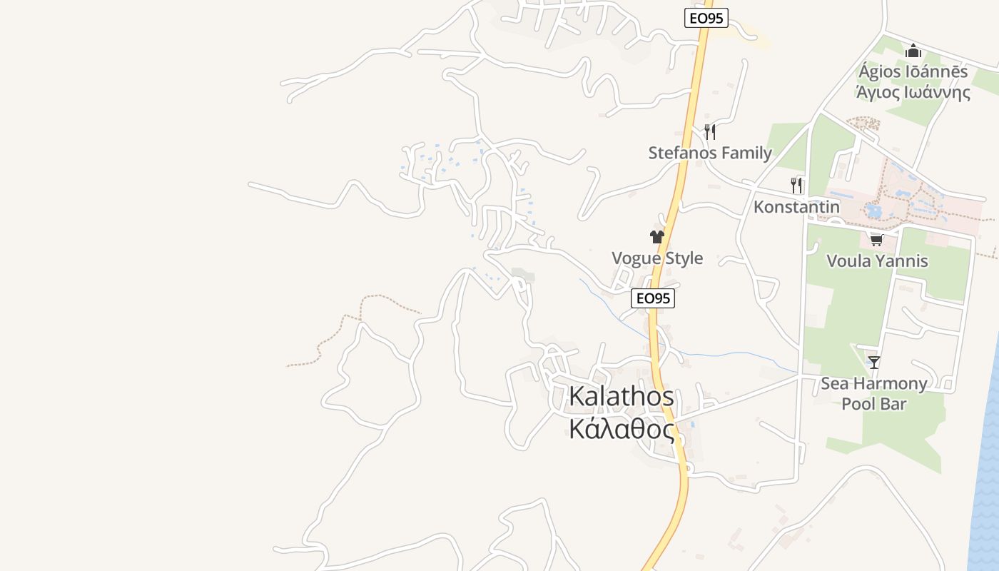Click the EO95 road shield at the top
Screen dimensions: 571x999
pyautogui.click(x=706, y=19)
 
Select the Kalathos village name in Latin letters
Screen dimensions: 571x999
pyautogui.click(x=621, y=398)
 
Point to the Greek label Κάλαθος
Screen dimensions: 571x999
pyautogui.click(x=621, y=429)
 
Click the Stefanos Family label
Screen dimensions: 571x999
pyautogui.click(x=710, y=153)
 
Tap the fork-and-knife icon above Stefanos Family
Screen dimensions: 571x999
pyautogui.click(x=709, y=131)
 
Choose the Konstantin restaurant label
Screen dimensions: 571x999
pyautogui.click(x=796, y=207)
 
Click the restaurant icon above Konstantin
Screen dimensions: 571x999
pyautogui.click(x=796, y=186)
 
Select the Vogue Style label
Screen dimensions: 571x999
pyautogui.click(x=657, y=258)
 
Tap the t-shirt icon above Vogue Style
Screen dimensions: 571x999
pyautogui.click(x=657, y=237)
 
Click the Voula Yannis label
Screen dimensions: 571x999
pyautogui.click(x=877, y=261)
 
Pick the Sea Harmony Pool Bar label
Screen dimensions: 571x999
pyautogui.click(x=873, y=393)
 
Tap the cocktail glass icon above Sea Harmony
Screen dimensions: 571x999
pyautogui.click(x=874, y=363)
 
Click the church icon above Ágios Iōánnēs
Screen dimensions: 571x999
pyautogui.click(x=913, y=51)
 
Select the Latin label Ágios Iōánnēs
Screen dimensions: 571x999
pyautogui.click(x=913, y=71)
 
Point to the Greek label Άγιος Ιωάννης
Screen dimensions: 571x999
pyautogui.click(x=913, y=92)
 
